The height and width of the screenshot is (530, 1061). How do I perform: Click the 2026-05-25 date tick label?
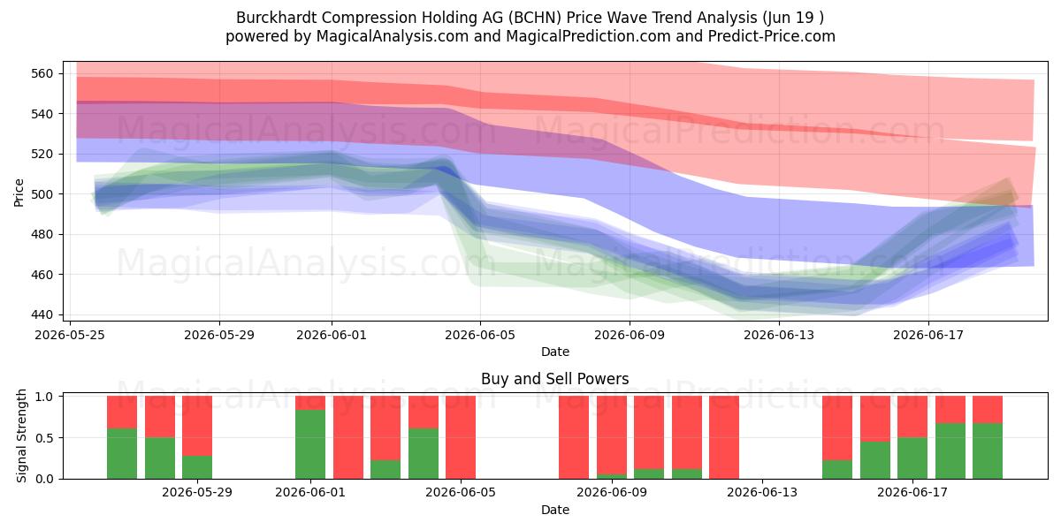pos(70,335)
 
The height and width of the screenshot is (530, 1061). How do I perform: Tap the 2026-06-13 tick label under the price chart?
pos(779,335)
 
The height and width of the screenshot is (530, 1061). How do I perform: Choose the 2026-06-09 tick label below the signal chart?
pos(612,493)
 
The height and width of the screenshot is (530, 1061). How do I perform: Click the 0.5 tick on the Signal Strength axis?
pos(45,438)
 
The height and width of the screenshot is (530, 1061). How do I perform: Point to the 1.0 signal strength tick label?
pos(45,396)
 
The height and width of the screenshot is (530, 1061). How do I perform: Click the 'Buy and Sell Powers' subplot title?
pos(554,379)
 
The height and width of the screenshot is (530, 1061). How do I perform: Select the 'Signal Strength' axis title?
pos(21,435)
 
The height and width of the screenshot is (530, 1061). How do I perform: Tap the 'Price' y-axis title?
pos(19,193)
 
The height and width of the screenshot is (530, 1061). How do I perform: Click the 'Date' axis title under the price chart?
pos(554,352)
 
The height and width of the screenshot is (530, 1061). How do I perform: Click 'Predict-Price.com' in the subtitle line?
pos(772,36)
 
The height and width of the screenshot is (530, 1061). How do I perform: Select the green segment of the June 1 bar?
pos(310,444)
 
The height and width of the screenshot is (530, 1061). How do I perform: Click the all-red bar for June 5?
pos(461,437)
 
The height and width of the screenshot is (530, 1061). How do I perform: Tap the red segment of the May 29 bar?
pos(197,426)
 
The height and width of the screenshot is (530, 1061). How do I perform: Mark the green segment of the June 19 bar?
pos(988,451)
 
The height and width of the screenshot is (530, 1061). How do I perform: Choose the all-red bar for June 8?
pos(574,437)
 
